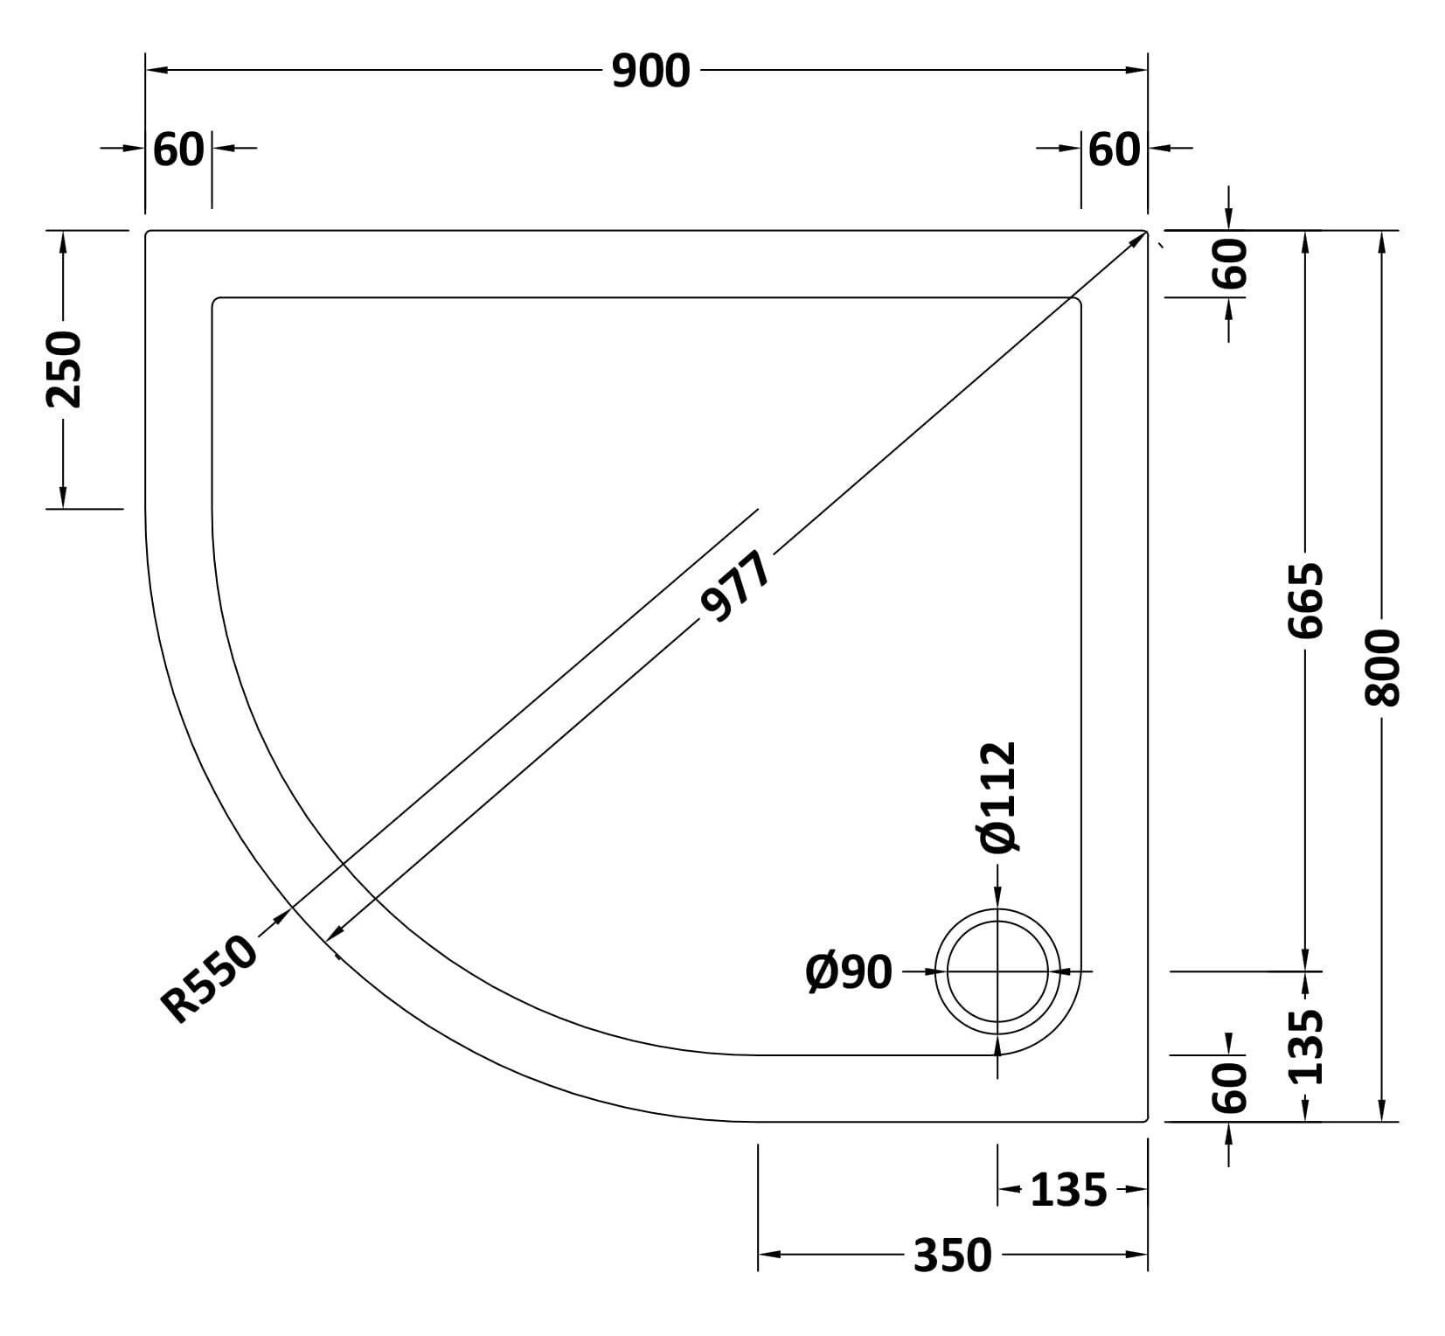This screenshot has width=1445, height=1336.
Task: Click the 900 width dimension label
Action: (650, 71)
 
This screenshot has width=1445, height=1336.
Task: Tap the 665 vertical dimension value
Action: (1306, 600)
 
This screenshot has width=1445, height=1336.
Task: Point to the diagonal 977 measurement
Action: (736, 587)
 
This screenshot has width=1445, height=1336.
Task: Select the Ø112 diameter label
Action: (998, 797)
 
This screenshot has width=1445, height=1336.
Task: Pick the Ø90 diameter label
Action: (849, 972)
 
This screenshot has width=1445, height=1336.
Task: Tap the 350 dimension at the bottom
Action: (953, 1256)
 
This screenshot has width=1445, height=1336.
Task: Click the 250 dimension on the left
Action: (63, 369)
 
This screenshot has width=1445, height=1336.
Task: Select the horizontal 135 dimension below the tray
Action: (1069, 1190)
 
